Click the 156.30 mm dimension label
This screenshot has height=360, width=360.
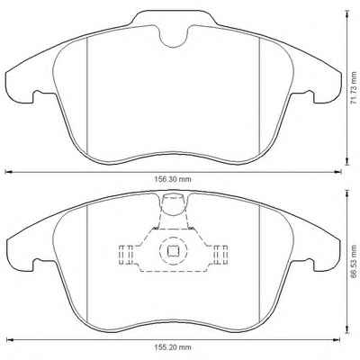173,179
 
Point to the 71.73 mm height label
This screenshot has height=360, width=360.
355,88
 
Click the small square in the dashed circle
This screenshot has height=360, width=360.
173,251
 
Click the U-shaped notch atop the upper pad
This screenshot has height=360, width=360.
174,37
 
